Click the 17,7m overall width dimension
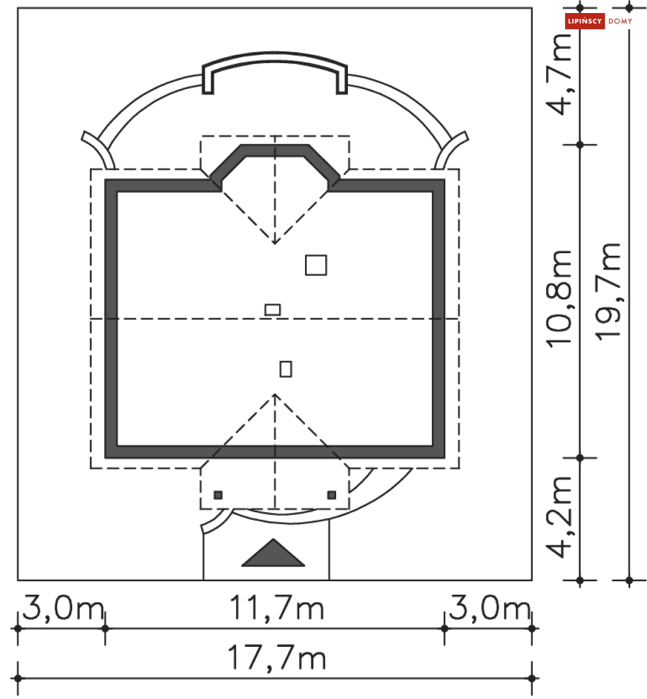tap(276, 658)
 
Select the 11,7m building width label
tap(276, 608)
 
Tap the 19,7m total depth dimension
tap(608, 292)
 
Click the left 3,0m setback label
tap(63, 608)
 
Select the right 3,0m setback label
tap(490, 608)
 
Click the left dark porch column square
tap(218, 495)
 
